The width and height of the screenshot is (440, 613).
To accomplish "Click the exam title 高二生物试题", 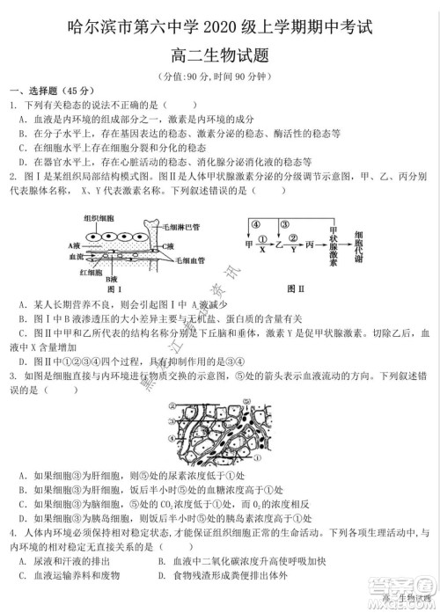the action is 220,55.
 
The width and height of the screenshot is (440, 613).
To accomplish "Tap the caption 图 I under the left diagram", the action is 112,288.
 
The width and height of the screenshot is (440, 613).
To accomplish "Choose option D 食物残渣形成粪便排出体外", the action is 230,575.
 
